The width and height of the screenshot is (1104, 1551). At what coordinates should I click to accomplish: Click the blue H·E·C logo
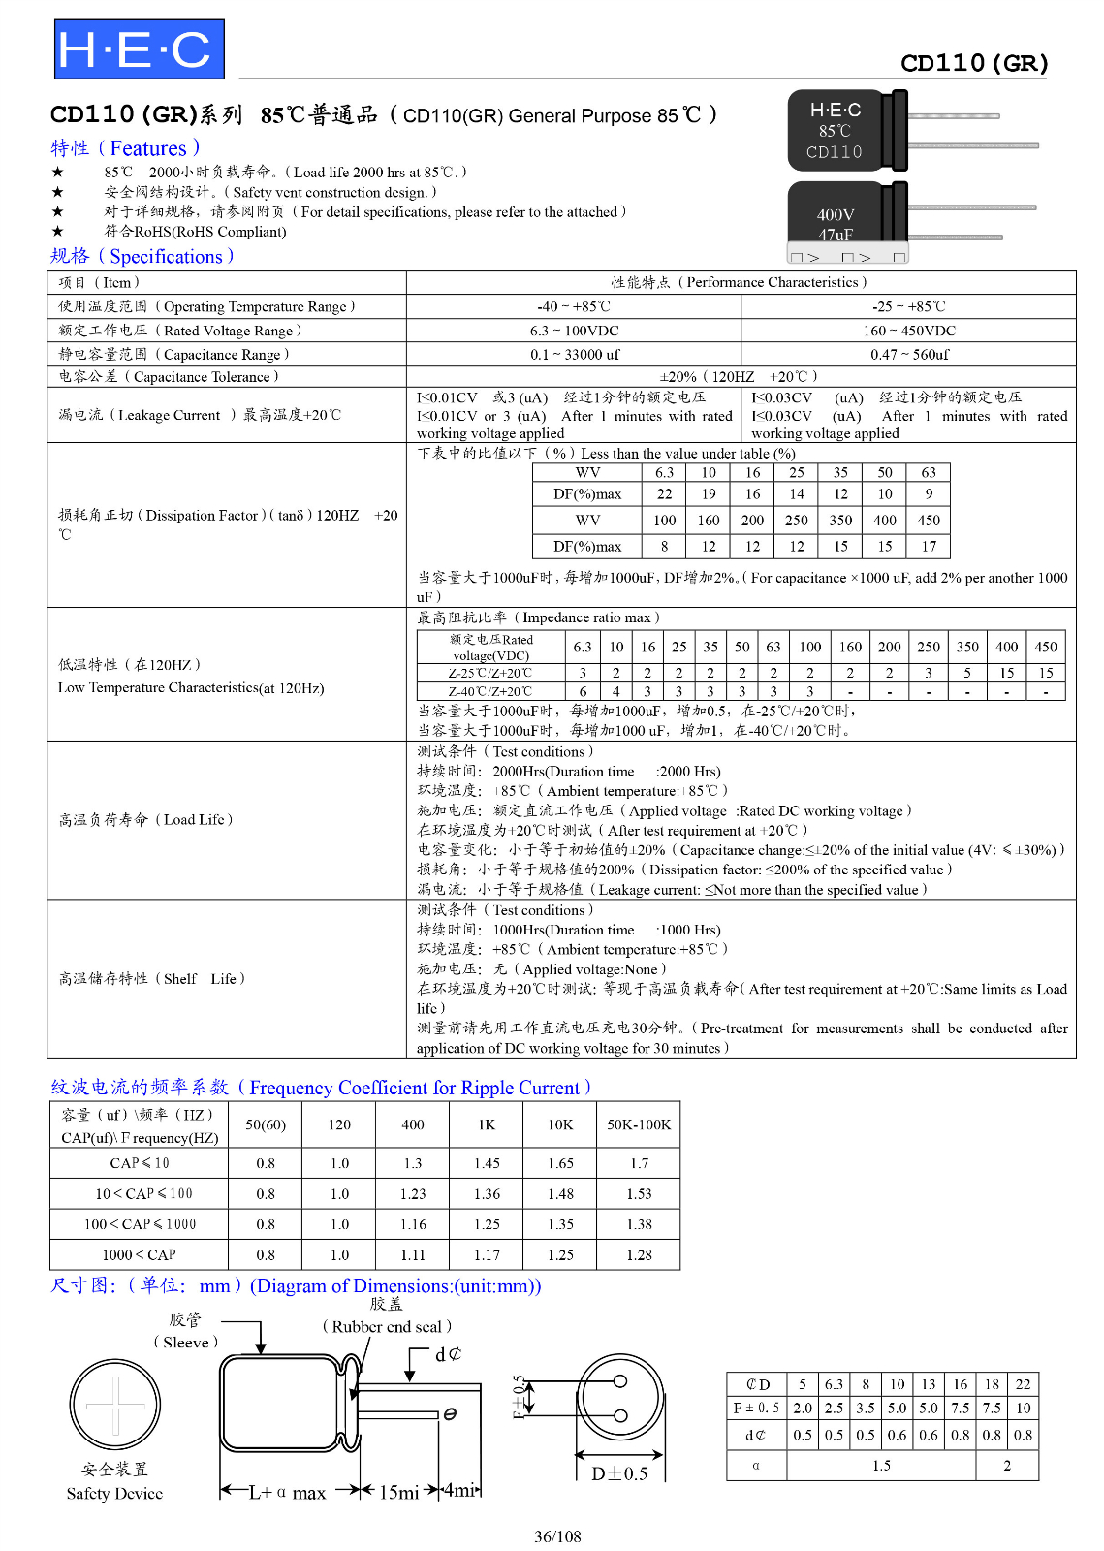(x=139, y=49)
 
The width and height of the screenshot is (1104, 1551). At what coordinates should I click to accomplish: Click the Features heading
(x=125, y=148)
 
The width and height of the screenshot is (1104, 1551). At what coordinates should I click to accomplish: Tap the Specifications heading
(x=142, y=257)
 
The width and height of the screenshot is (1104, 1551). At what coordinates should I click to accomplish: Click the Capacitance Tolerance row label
(x=168, y=377)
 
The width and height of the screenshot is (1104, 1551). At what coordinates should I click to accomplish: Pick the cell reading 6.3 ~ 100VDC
(x=574, y=331)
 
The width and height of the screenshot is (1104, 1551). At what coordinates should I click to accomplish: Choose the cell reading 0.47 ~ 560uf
(x=909, y=355)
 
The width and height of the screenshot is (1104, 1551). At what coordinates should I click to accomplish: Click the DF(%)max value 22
(x=665, y=494)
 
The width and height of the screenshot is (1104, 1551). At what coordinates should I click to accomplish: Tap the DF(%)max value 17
(x=929, y=547)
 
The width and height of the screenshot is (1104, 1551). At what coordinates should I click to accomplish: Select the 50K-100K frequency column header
(x=639, y=1125)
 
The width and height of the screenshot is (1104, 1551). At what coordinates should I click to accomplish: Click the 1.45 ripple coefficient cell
(x=487, y=1164)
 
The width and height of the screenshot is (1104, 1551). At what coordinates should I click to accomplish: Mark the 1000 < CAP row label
(x=139, y=1255)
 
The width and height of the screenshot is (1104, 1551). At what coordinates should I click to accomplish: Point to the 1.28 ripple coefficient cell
(x=639, y=1255)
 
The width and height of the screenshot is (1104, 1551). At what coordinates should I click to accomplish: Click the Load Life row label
(x=145, y=820)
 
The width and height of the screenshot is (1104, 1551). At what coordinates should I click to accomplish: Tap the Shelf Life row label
(x=151, y=979)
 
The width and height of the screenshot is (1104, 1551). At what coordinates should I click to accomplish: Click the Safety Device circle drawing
(x=115, y=1405)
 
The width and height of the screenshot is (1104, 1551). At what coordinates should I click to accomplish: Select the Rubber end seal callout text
(x=387, y=1327)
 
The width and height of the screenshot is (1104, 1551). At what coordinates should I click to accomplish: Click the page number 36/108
(x=557, y=1536)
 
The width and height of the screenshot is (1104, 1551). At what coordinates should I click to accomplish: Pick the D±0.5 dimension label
(x=619, y=1473)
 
